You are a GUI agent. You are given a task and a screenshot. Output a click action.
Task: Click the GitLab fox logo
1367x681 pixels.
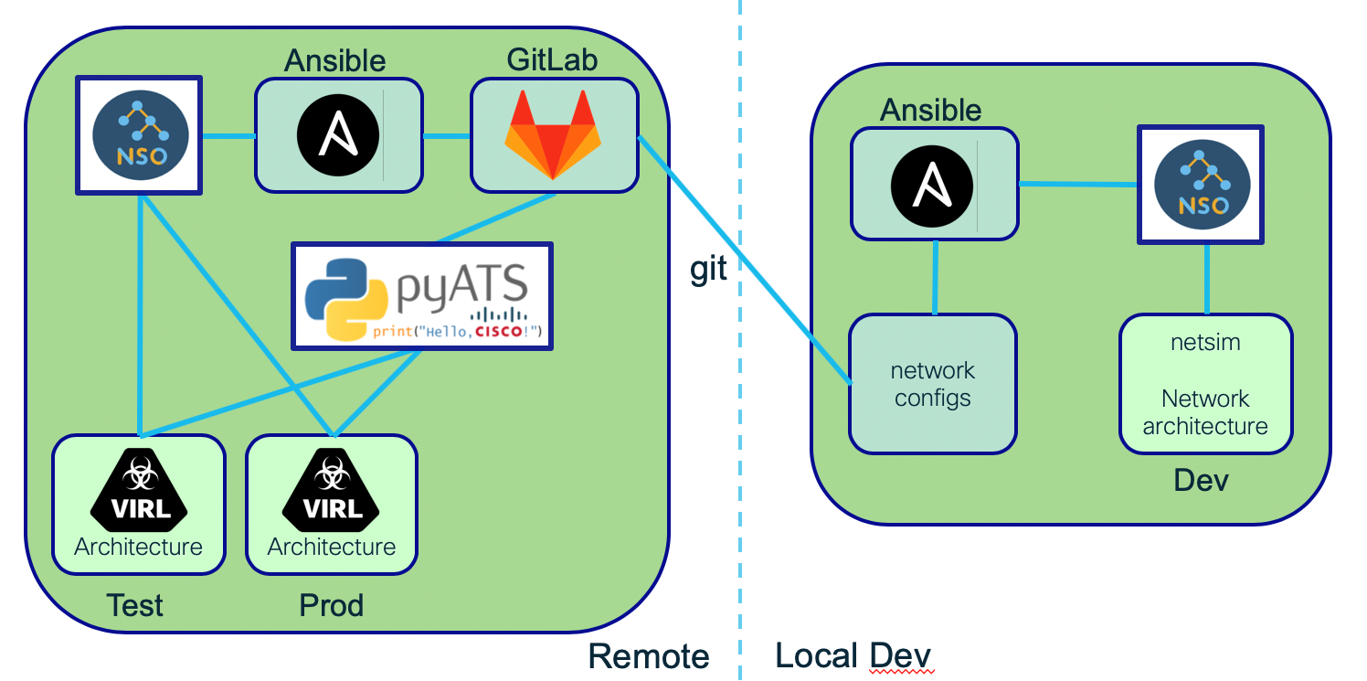(x=553, y=134)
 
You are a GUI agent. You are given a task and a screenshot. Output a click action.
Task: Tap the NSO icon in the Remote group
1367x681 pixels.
(x=138, y=135)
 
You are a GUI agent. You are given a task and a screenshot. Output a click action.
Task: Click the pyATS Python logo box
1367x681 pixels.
(x=422, y=295)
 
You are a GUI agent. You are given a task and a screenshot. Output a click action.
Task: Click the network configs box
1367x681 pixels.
(x=933, y=384)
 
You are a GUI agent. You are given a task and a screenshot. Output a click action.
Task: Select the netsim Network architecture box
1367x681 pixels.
(x=1205, y=384)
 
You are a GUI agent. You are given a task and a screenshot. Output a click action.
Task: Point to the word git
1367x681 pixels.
(x=708, y=269)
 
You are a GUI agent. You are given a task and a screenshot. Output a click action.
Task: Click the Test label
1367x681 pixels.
(x=135, y=605)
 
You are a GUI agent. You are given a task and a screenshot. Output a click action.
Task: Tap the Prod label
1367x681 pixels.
(x=331, y=605)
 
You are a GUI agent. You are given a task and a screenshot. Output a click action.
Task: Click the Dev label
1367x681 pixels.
(x=1201, y=480)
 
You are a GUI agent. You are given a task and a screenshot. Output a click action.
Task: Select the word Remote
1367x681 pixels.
(x=649, y=656)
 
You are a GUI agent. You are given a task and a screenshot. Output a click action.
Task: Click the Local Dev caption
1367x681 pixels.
(x=853, y=656)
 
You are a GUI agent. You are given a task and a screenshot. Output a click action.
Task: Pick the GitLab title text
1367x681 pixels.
(x=553, y=60)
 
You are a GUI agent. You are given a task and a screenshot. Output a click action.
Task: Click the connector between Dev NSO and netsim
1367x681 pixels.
(x=1207, y=279)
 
